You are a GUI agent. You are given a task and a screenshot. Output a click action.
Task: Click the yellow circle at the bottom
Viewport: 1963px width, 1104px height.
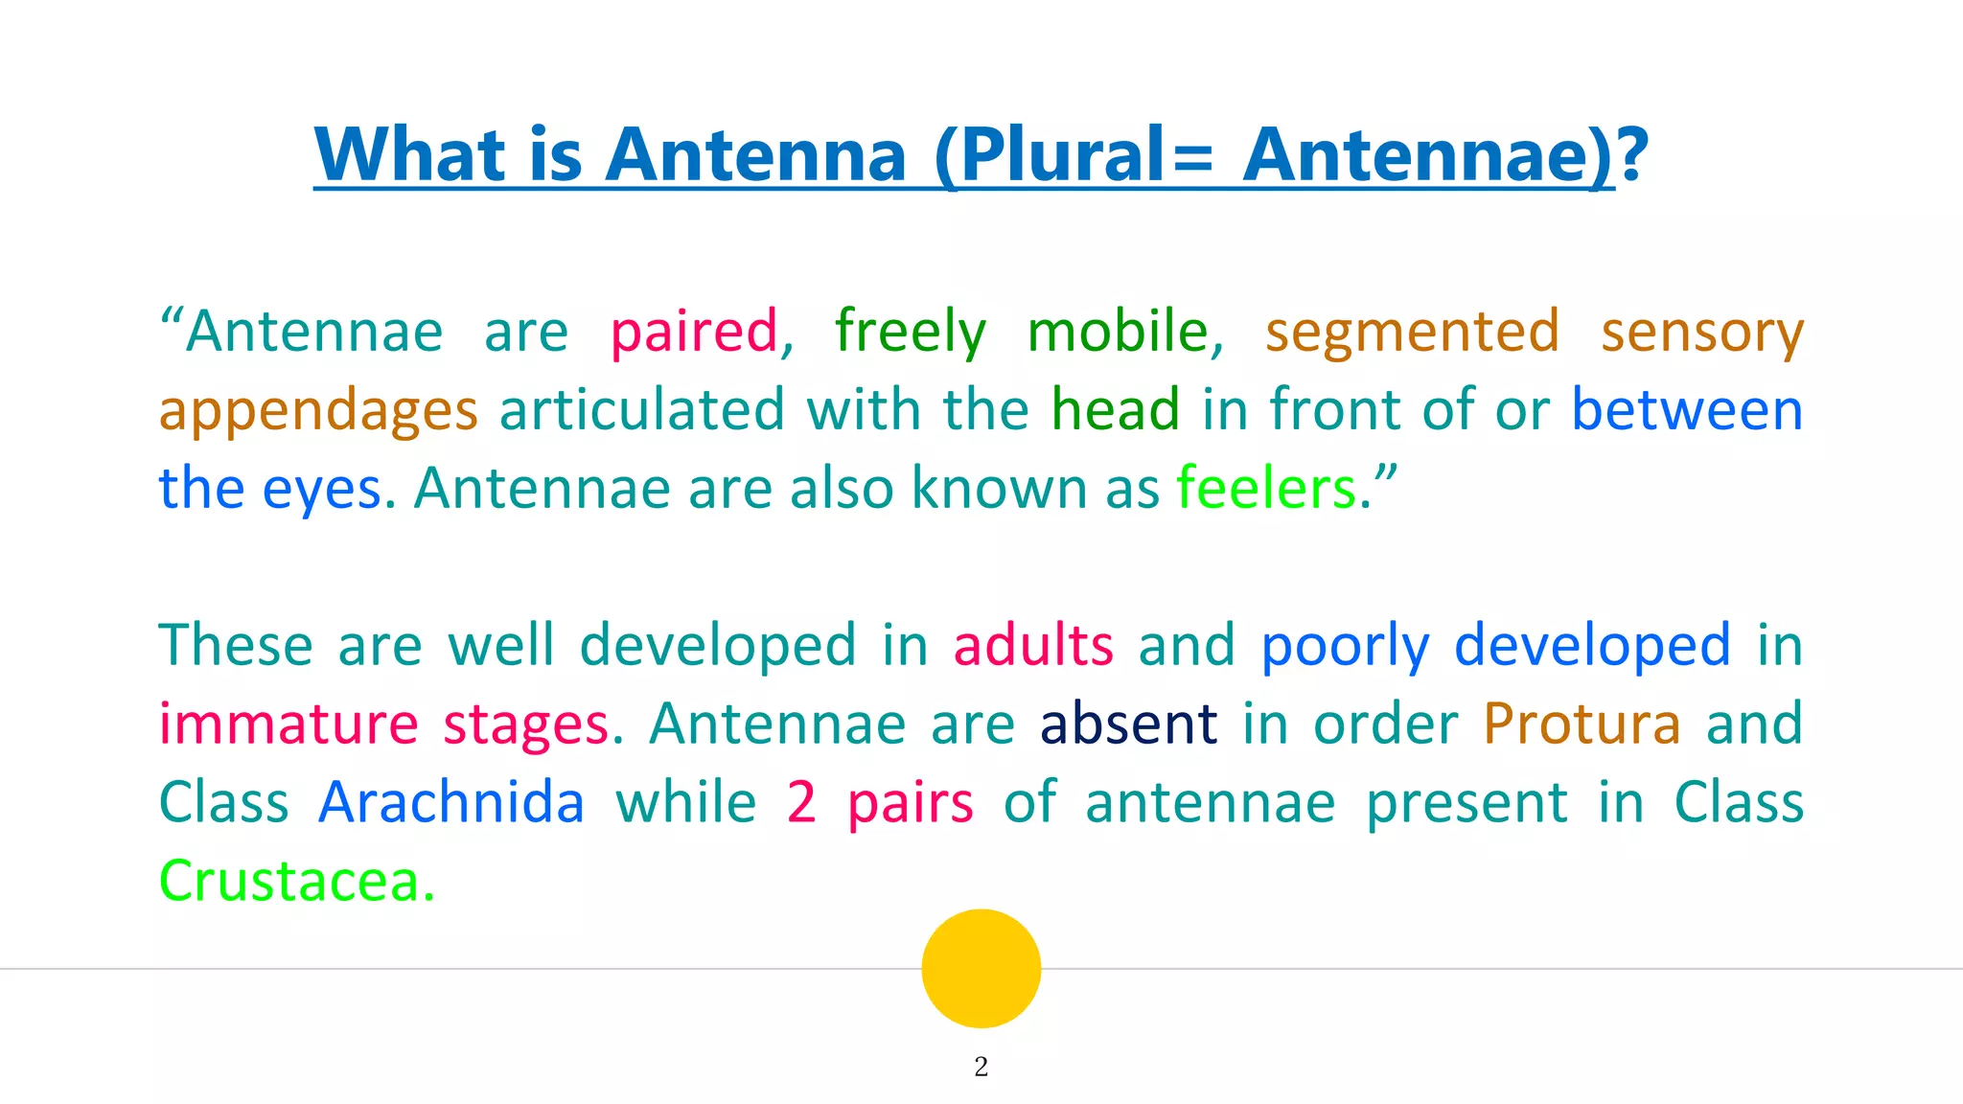point(981,968)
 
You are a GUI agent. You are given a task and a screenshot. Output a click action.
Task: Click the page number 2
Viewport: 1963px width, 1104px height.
point(981,1067)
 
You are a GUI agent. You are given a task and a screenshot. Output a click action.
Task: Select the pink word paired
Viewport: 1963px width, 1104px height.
point(695,333)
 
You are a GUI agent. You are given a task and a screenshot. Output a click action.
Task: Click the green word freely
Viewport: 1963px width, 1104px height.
point(910,333)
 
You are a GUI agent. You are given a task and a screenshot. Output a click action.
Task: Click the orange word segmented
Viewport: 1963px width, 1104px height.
point(1412,333)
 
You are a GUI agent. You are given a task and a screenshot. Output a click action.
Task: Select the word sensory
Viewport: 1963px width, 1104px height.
point(1702,333)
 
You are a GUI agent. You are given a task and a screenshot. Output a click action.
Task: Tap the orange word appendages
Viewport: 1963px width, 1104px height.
point(317,412)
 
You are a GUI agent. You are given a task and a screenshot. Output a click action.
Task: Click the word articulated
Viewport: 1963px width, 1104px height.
point(641,410)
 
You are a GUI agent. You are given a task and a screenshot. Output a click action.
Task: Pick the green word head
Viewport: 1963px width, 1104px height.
point(1116,410)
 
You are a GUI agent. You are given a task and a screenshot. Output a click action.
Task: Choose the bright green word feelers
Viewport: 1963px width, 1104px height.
point(1266,489)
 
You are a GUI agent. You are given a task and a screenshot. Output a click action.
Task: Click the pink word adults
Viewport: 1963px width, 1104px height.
point(1033,645)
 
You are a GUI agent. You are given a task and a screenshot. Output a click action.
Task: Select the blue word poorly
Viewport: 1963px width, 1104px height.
point(1345,647)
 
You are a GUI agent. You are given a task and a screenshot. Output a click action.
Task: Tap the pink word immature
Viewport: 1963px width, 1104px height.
point(289,724)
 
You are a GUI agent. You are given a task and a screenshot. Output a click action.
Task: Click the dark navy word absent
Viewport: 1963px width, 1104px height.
point(1128,724)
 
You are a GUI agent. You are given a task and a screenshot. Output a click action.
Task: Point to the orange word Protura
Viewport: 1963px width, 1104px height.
point(1582,724)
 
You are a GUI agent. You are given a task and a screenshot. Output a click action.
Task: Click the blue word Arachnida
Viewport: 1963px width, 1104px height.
point(450,802)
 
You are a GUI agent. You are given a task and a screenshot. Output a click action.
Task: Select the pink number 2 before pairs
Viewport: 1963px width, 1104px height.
point(801,802)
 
